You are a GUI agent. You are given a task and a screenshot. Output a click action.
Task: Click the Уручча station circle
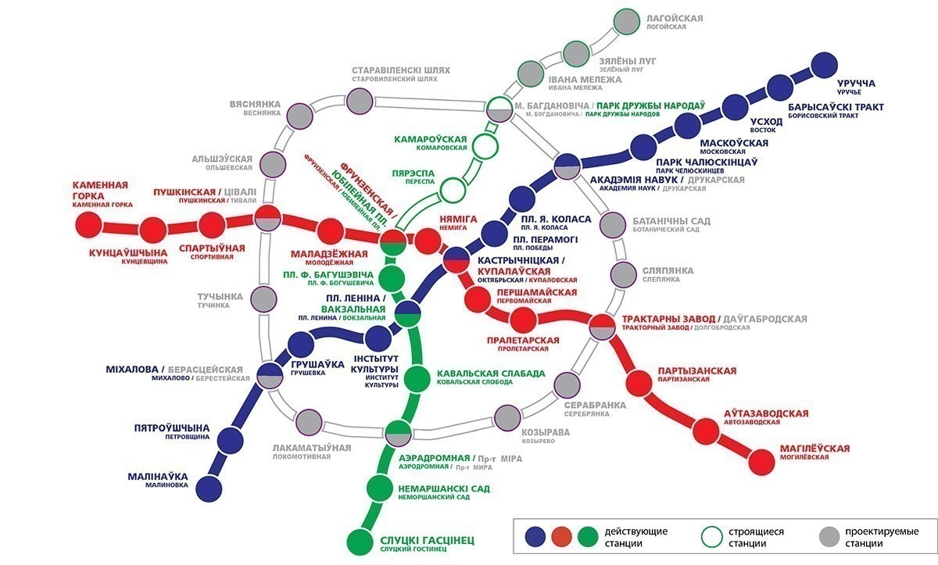click(x=824, y=66)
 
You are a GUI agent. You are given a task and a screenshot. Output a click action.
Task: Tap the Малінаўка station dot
click(x=209, y=488)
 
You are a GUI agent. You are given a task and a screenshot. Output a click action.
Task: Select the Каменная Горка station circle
click(x=89, y=225)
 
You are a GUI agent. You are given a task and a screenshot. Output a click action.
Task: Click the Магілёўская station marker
click(x=761, y=462)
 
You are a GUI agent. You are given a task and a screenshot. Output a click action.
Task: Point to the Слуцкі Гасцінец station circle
click(x=360, y=542)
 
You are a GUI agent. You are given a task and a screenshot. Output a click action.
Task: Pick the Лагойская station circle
click(x=626, y=21)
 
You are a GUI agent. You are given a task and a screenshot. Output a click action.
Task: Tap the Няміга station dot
click(x=428, y=241)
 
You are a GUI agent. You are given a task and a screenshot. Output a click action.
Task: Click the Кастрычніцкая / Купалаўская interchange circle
click(x=456, y=260)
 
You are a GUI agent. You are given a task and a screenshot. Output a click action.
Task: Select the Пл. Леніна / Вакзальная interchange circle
click(x=407, y=313)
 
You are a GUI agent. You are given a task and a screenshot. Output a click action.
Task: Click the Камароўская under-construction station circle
click(x=485, y=146)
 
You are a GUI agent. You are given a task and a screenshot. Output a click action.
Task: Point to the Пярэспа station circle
click(x=453, y=190)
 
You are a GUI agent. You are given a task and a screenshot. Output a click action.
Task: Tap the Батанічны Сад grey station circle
click(x=613, y=225)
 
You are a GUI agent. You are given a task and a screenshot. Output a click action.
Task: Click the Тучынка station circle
click(x=263, y=299)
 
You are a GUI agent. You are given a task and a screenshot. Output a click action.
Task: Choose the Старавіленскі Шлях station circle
click(x=360, y=101)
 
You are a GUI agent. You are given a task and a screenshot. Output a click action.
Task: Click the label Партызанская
click(x=696, y=371)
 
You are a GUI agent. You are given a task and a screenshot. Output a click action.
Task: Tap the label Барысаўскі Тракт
click(x=836, y=107)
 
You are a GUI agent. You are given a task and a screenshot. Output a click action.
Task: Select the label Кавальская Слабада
click(x=491, y=374)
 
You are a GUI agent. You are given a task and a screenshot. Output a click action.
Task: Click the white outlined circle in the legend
click(x=712, y=537)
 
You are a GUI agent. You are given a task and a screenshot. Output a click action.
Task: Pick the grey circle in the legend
click(x=829, y=537)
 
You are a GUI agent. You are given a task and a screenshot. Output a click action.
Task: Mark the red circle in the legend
click(x=561, y=537)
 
